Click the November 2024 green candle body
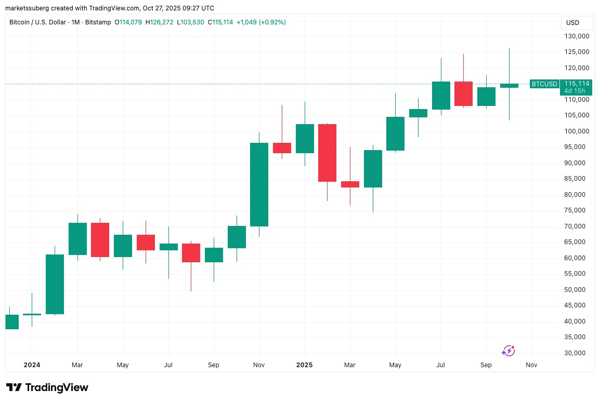point(259,184)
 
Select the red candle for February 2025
point(328,153)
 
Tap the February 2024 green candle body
point(55,284)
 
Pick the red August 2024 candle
point(191,252)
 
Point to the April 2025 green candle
point(373,169)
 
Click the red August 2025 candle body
point(464,93)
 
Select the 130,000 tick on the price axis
point(577,36)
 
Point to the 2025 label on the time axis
point(304,365)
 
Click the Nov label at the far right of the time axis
point(531,365)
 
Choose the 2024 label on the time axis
point(32,365)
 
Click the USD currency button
point(572,23)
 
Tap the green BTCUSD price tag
point(544,84)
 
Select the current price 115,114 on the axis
point(577,84)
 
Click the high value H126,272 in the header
point(160,22)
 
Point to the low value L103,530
point(191,22)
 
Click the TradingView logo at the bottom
point(47,387)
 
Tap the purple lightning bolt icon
point(508,351)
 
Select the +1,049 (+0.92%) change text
point(262,22)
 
